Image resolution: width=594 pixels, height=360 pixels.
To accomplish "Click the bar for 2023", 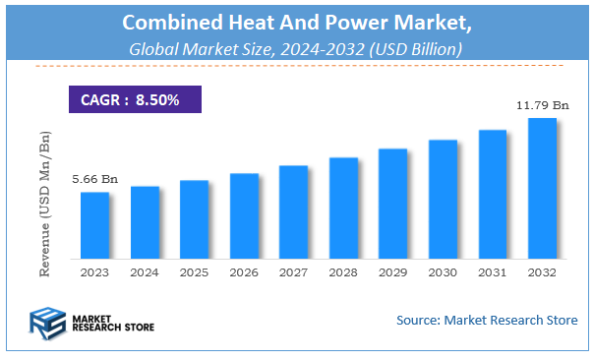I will (x=94, y=225).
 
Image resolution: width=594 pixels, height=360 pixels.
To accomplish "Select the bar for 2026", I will (x=244, y=216).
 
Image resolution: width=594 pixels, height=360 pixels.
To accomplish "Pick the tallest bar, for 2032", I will (x=542, y=189).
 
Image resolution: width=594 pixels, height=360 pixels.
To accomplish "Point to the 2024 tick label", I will (x=145, y=272).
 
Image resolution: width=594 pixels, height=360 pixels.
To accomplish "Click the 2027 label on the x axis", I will (x=293, y=272).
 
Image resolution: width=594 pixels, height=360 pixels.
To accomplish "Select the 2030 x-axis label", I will (x=443, y=272).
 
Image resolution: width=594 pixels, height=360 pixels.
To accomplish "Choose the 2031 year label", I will (x=492, y=272).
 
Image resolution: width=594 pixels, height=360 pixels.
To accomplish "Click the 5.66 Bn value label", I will (x=94, y=179).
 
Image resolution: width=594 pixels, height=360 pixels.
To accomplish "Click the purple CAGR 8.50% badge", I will (x=135, y=100).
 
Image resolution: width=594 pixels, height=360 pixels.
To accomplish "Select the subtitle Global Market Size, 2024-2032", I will (x=296, y=48).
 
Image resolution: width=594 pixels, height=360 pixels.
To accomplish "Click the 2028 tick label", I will (x=343, y=272).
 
